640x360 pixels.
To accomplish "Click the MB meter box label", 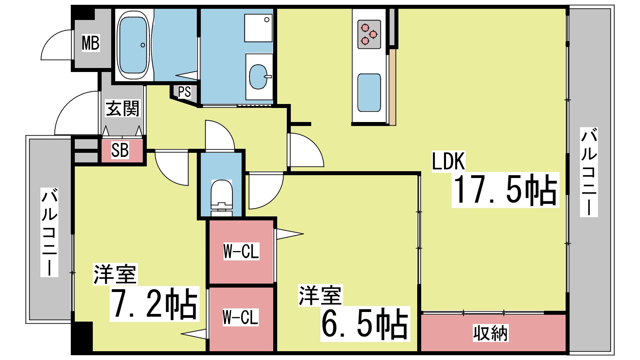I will click(x=91, y=43).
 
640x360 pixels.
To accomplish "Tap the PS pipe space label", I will click(x=184, y=92).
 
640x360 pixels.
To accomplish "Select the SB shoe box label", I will click(x=120, y=150).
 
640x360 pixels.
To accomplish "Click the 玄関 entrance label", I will click(x=122, y=108).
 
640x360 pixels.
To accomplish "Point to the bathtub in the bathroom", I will click(x=133, y=45).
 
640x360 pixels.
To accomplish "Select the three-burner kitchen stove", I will click(x=369, y=34).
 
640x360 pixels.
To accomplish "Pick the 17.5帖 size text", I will click(x=505, y=190).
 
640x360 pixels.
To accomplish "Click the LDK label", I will click(x=448, y=161).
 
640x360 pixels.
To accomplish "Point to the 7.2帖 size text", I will click(x=154, y=304).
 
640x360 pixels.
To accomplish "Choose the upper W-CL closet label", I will click(x=241, y=251).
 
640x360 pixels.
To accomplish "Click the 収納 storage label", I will click(x=490, y=333).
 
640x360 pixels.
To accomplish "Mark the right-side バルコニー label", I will click(x=589, y=172).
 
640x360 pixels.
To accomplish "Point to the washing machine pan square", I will click(x=258, y=28).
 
